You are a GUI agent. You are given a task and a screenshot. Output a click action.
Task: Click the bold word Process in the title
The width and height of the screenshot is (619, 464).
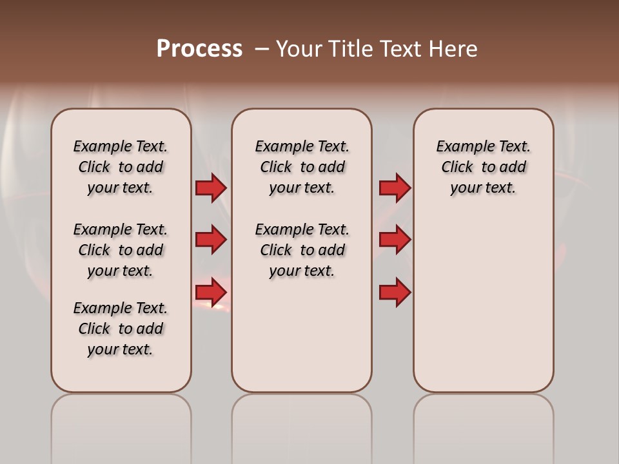(199, 49)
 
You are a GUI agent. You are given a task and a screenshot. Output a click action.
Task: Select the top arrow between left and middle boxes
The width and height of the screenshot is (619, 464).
(211, 188)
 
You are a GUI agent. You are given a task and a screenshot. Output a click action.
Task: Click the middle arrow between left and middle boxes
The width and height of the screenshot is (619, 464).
(211, 240)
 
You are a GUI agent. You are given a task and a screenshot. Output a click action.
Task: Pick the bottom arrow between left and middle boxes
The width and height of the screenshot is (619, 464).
(211, 293)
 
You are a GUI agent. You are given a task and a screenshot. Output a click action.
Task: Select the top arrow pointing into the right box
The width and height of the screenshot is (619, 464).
(395, 188)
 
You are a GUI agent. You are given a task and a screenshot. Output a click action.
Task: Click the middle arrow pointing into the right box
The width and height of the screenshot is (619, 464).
(395, 240)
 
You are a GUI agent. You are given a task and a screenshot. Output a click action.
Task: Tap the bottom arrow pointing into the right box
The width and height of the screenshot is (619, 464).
(395, 293)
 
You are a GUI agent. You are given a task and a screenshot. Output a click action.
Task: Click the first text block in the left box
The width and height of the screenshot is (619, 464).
(121, 167)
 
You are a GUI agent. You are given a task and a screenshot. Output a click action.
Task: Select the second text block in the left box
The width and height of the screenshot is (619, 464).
(121, 250)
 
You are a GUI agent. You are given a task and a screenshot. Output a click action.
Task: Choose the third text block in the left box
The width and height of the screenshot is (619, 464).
(121, 329)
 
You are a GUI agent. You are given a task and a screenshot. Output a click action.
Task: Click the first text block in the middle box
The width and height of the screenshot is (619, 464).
(302, 167)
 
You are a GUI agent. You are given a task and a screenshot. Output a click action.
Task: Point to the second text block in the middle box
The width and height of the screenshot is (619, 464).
(302, 250)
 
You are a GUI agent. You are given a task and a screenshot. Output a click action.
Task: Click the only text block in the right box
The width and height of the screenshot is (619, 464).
(483, 167)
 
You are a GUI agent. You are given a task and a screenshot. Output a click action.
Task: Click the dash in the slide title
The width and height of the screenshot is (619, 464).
(262, 50)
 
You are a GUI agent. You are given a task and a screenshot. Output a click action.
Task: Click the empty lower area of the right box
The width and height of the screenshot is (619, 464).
(483, 309)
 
